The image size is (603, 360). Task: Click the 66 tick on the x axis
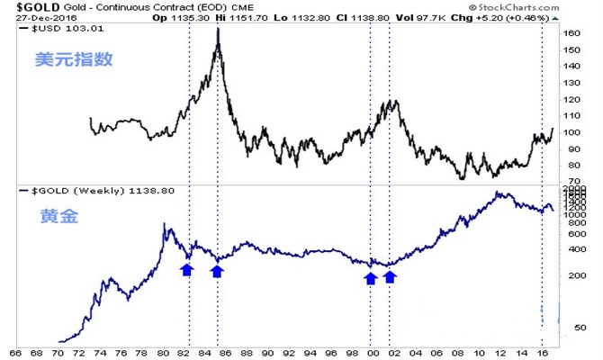tap(15, 352)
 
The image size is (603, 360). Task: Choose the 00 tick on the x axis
tap(372, 352)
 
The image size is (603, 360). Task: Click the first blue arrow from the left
tap(186, 269)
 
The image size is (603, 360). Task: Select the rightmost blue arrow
tap(390, 277)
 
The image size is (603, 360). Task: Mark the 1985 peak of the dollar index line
tap(218, 29)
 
